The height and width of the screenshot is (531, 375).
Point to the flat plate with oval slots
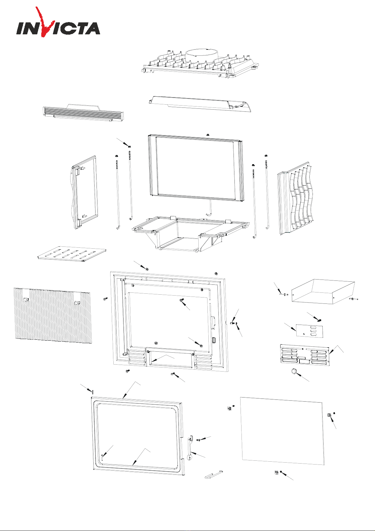[72, 254]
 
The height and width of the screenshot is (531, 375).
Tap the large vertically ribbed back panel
[53, 315]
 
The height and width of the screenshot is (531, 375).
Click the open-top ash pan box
[323, 291]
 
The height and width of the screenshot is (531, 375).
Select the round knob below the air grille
[294, 372]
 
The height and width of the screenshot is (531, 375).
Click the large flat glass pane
[282, 431]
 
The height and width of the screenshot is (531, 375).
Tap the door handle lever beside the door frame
[191, 447]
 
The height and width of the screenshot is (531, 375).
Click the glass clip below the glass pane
[276, 473]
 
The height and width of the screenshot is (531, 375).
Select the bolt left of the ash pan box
[284, 294]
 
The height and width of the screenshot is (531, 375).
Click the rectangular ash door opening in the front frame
[170, 359]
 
